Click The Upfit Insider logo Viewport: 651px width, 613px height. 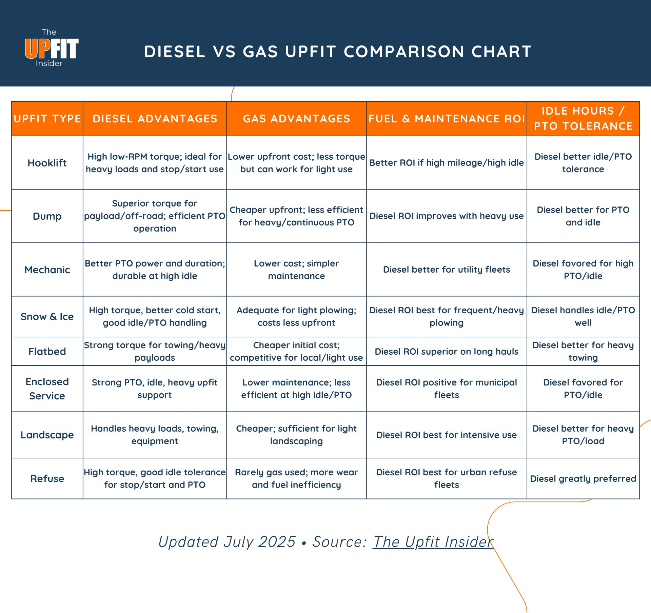click(51, 48)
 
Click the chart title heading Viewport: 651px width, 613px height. click(338, 52)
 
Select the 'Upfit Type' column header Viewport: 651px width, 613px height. click(47, 119)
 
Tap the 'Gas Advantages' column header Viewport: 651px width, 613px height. click(296, 119)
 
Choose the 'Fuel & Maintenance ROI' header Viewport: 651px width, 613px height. click(447, 119)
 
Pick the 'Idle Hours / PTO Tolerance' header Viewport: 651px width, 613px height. click(583, 119)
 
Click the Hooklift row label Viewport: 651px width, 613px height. click(47, 163)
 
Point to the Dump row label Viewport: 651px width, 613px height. click(47, 216)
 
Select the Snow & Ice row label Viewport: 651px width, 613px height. click(47, 317)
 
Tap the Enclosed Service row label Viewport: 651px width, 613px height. click(47, 389)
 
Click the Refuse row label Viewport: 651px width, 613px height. click(47, 479)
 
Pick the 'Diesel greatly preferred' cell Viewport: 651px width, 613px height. click(583, 479)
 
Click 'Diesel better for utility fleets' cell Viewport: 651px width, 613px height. click(447, 270)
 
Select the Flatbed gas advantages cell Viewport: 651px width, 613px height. click(296, 352)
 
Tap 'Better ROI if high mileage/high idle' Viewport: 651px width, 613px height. click(447, 163)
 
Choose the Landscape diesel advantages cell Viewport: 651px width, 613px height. click(155, 435)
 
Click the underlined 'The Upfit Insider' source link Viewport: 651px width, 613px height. click(433, 542)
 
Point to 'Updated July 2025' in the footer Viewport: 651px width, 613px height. click(227, 542)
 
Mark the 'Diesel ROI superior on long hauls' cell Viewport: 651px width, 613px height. click(447, 352)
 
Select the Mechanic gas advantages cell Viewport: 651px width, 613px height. click(296, 270)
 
